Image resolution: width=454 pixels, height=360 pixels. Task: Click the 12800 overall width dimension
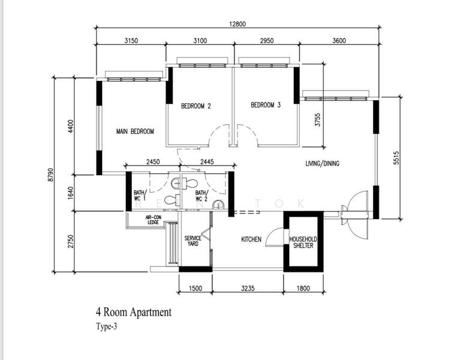237,24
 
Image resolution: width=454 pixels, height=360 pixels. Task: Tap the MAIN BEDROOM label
135,131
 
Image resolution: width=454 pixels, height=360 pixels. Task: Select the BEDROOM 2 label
196,106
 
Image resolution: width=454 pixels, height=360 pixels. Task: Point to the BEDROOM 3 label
266,105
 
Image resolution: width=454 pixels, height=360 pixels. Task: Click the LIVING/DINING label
322,164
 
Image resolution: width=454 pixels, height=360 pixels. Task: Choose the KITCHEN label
251,239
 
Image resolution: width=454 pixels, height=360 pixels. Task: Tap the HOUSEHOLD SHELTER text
303,242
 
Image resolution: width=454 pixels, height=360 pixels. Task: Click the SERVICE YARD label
193,241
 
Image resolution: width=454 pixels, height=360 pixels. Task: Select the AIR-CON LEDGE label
153,220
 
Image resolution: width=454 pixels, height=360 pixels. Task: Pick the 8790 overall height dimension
50,175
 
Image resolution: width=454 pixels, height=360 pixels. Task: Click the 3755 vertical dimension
318,119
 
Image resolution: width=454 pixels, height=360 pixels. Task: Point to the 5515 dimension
396,158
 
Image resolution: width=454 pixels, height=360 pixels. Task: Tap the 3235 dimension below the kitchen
248,288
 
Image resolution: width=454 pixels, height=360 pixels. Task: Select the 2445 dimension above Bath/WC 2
207,161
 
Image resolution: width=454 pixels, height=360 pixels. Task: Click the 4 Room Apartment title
134,312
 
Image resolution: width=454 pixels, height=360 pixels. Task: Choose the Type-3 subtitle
107,327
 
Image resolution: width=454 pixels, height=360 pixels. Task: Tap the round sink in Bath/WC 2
217,205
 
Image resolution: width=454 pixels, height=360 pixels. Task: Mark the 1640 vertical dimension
70,193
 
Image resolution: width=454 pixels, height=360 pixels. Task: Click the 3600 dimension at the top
339,41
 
